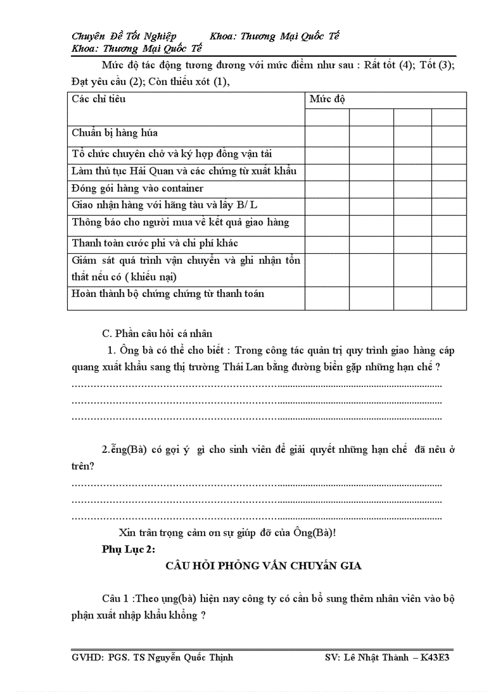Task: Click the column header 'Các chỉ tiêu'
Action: [x=99, y=99]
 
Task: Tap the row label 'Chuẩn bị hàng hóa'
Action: [x=115, y=132]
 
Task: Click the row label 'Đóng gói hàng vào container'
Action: [x=137, y=188]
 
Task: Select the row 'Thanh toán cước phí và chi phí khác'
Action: [x=155, y=243]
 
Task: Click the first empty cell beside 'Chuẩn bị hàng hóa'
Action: [x=327, y=134]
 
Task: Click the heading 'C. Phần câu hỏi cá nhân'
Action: [x=157, y=334]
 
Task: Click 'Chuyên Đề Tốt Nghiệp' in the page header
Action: [x=124, y=36]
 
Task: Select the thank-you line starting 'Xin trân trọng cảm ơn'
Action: [x=227, y=533]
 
